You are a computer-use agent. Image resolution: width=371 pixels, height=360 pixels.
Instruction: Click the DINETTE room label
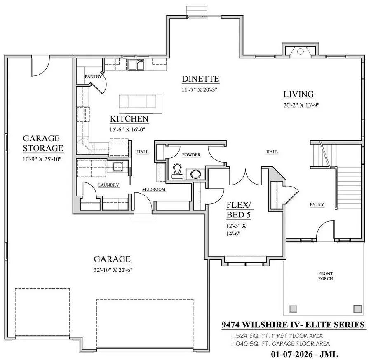coord(201,79)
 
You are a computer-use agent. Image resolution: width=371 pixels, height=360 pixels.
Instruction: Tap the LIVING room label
coord(298,94)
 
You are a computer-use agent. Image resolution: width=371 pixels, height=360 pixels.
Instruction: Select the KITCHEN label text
coord(129,119)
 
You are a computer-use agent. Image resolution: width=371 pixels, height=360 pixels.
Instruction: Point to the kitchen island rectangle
coord(140,103)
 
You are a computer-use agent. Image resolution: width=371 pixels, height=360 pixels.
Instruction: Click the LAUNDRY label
coord(108,185)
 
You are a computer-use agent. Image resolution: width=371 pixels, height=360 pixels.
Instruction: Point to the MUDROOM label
coord(154,189)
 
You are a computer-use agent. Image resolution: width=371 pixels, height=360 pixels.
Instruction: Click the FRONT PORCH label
coord(326,276)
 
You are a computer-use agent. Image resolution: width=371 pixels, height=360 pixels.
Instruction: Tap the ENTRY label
coord(317,205)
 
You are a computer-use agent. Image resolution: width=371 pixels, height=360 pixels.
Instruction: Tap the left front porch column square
coord(294,308)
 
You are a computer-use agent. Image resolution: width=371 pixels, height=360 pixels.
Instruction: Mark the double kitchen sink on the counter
coord(136,65)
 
